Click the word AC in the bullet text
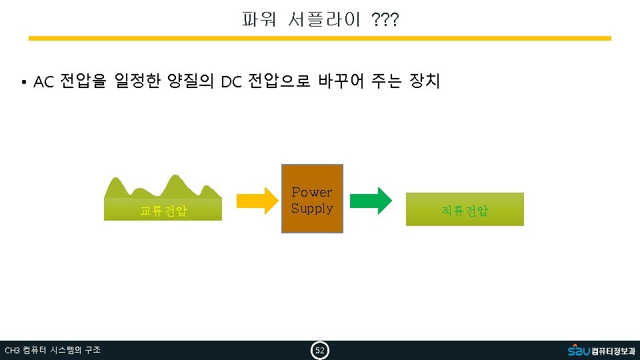[43, 82]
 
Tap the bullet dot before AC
[23, 83]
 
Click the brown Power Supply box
[312, 199]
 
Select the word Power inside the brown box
[312, 192]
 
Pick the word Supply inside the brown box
[312, 208]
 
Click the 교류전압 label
[163, 211]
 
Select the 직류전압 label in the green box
[465, 211]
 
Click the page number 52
[320, 350]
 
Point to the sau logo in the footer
[578, 349]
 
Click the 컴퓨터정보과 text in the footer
[613, 351]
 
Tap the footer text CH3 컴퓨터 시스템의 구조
[53, 350]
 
